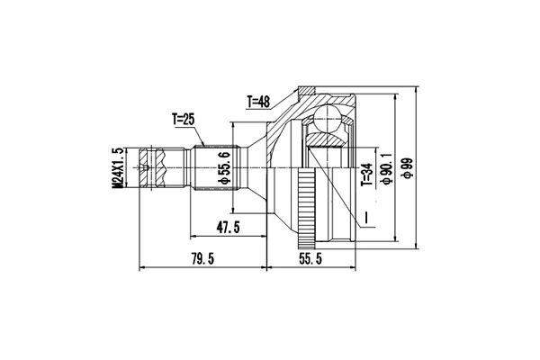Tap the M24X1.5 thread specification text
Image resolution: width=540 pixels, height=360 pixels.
tap(117, 167)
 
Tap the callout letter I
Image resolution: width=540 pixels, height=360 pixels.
tap(366, 218)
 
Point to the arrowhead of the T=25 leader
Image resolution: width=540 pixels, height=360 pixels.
tap(206, 144)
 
